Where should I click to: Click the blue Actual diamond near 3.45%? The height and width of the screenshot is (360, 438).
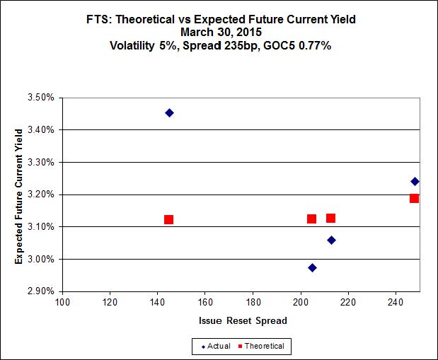(169, 112)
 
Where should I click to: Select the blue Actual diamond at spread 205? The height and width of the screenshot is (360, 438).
(312, 267)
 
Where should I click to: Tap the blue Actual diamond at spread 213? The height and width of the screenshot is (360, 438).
(331, 240)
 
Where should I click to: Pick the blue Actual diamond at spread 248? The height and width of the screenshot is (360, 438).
(415, 181)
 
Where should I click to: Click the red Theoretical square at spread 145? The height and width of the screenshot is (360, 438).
(168, 219)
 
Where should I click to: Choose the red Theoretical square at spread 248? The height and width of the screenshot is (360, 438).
(414, 198)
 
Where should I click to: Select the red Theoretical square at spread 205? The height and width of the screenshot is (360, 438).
(311, 219)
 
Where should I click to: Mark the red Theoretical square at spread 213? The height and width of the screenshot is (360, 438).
(330, 218)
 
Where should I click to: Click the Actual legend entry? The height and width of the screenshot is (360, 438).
(217, 346)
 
